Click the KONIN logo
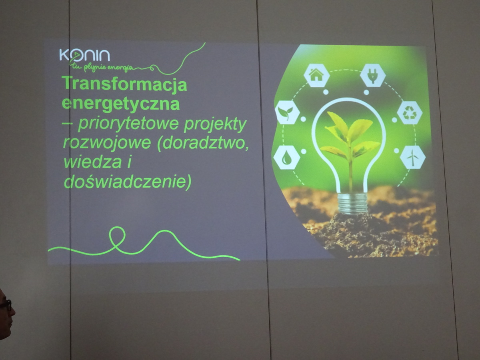[x=84, y=55]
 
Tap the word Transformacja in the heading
[x=125, y=84]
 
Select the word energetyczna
[x=121, y=104]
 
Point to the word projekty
[x=215, y=125]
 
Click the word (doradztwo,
[x=203, y=143]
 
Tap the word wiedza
[x=93, y=162]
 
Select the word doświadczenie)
[x=128, y=182]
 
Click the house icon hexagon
[x=316, y=75]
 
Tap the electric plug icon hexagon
[x=373, y=75]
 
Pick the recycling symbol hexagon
[x=410, y=113]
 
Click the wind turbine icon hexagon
[x=413, y=157]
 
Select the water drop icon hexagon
[x=286, y=158]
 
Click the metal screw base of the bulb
[x=352, y=204]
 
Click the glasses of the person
[x=6, y=304]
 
